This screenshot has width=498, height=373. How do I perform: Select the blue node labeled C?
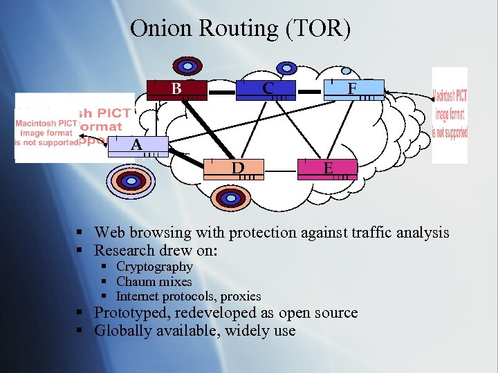(x=266, y=88)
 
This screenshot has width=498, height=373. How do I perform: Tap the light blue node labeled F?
(x=353, y=89)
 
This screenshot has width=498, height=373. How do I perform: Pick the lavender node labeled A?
(x=139, y=145)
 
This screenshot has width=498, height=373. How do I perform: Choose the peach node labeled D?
(x=237, y=169)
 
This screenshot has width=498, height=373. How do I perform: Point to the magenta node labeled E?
(x=327, y=169)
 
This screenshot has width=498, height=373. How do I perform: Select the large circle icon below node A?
(x=128, y=181)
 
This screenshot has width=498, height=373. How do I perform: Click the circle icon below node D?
(x=227, y=199)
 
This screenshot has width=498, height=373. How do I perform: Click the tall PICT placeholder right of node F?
(x=450, y=115)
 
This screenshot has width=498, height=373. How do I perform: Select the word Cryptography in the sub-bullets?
(x=154, y=267)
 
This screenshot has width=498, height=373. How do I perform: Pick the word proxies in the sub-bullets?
(x=239, y=297)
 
